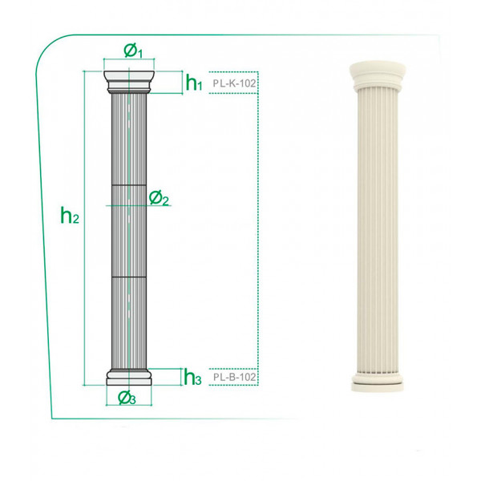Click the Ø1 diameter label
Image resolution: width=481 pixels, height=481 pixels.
coord(133,51)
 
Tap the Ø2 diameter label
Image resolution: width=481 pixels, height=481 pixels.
coord(159,198)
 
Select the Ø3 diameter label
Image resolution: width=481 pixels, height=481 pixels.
coord(127,398)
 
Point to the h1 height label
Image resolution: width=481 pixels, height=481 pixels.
coord(194,83)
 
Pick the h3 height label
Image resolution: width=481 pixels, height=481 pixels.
coord(192,377)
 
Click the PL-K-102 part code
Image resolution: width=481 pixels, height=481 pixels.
coord(234,83)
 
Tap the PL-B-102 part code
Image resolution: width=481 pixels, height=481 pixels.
coord(234,377)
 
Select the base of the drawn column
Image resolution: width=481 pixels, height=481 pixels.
coord(129,378)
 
